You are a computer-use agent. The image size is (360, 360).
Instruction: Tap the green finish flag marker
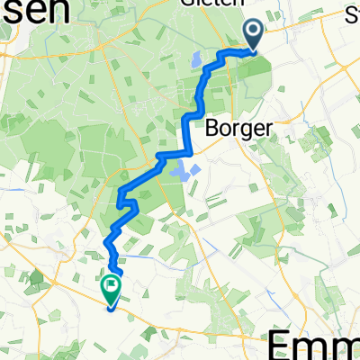pos(112,288)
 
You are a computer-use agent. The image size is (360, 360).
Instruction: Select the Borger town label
pos(238,128)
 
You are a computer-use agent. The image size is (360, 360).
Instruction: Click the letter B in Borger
pos(214,127)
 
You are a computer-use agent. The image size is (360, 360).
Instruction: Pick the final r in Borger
pos(265,128)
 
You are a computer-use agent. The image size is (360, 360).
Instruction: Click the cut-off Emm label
pos(315,344)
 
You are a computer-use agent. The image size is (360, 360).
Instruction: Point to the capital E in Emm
pos(284,344)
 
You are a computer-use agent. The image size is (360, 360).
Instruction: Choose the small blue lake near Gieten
pos(194,62)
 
